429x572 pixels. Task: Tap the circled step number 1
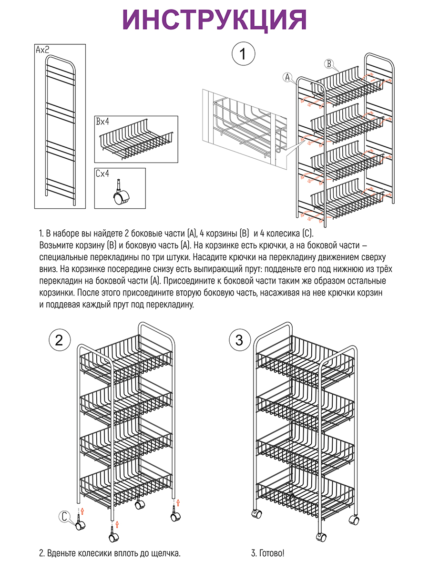point(243,54)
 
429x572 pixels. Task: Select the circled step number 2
point(60,340)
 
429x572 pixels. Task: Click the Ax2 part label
point(42,49)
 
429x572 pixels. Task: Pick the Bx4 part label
point(102,122)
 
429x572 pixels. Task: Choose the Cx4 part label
point(102,174)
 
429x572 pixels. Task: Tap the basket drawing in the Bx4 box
point(135,141)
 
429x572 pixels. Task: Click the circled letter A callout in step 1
point(287,77)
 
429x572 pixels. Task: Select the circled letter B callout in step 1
point(329,63)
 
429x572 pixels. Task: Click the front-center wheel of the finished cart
point(320,536)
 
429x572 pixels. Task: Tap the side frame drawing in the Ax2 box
point(61,129)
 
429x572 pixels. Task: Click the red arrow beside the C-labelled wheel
point(82,511)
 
